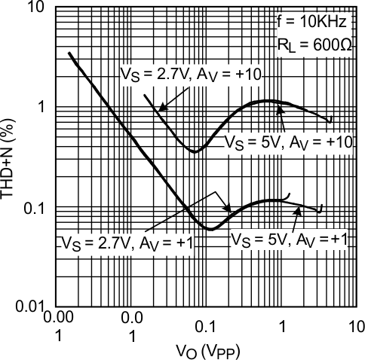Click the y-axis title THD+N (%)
pos(11,158)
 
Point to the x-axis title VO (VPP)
pos(205,350)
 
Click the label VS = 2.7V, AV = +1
pos(118,243)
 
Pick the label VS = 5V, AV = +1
pos(289,240)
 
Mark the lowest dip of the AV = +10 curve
pos(195,151)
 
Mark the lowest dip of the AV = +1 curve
pos(211,228)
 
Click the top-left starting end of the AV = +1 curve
pos(69,53)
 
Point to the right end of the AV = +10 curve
pos(330,120)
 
